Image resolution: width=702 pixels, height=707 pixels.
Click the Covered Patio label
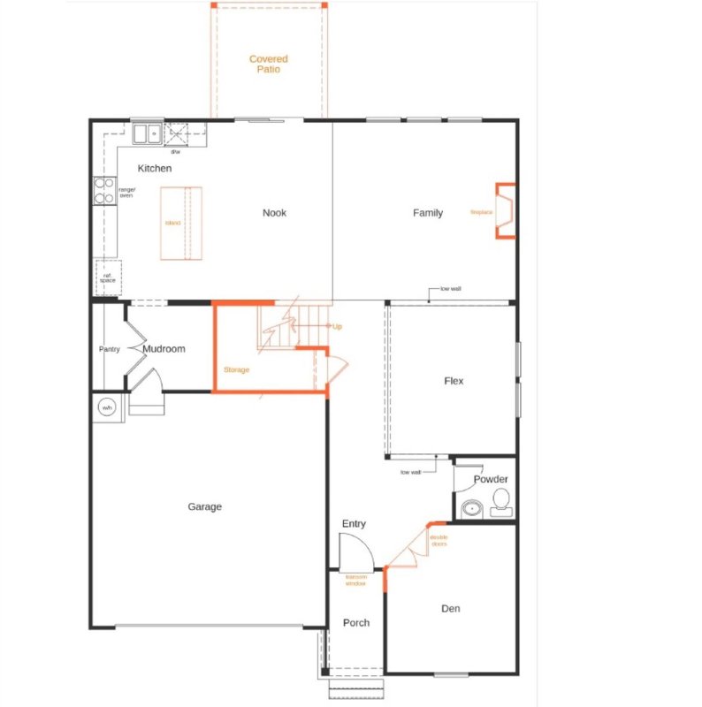pos(268,64)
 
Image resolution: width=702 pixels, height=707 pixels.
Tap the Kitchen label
pos(154,168)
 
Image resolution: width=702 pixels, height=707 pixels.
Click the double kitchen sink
pos(146,134)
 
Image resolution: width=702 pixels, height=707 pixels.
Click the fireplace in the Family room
pos(506,211)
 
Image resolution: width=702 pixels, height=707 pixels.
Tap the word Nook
pos(274,212)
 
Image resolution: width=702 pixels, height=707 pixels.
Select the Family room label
pos(428,212)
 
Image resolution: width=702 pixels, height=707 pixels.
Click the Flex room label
pos(454,381)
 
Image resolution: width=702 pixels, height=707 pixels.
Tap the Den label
pos(450,608)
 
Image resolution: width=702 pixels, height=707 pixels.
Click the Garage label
pos(204,506)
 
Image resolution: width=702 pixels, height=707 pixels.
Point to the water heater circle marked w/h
pos(107,407)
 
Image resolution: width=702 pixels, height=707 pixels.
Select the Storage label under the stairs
pos(236,369)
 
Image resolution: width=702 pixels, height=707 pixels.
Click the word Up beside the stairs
pos(336,326)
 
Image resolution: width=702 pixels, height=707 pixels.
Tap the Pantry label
pos(109,349)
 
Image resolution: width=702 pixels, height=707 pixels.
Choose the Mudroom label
pos(164,349)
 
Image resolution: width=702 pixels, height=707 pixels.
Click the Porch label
pos(356,623)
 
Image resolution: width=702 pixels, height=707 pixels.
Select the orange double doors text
pos(439,540)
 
